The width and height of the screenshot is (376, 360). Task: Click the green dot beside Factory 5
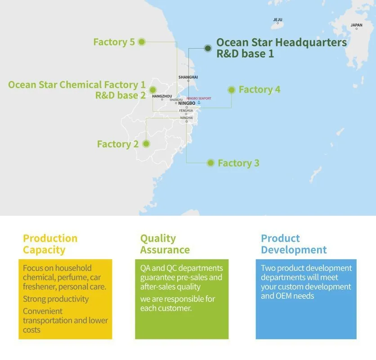[142, 42]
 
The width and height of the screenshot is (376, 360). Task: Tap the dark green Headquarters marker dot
[208, 48]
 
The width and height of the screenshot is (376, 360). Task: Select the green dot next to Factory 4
[232, 90]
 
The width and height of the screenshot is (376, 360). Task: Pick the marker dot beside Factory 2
[146, 144]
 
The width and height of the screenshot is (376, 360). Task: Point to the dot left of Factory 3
[210, 163]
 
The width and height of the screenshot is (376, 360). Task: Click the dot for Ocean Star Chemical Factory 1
[153, 90]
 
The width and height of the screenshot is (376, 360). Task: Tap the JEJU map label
[278, 20]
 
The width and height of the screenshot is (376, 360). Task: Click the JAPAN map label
[356, 25]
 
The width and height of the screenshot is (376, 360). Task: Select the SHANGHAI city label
[188, 77]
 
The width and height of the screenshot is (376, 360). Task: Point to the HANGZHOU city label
[162, 96]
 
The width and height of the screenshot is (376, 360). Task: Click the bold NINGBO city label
[187, 103]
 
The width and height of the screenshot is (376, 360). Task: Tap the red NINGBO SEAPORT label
[199, 99]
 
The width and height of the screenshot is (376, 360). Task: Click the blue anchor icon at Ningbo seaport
[199, 103]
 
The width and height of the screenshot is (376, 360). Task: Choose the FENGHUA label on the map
[186, 110]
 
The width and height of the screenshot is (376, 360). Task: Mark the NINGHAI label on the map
[186, 117]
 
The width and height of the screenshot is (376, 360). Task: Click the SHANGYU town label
[176, 99]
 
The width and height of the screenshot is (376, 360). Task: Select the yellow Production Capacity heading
[50, 244]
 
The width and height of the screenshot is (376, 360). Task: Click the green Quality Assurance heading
[165, 244]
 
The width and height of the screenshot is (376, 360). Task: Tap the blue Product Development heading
[294, 244]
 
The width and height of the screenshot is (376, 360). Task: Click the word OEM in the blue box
[284, 296]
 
